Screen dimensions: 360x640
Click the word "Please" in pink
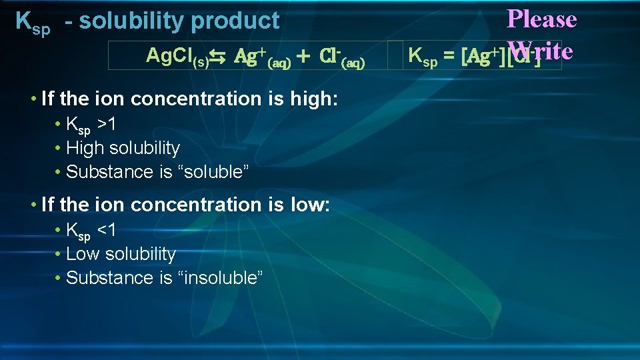pyautogui.click(x=541, y=19)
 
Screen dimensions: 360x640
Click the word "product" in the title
pyautogui.click(x=235, y=21)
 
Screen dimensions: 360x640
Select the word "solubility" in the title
pyautogui.click(x=132, y=21)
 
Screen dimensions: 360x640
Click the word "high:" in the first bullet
pyautogui.click(x=315, y=99)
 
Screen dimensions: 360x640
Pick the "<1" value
pyautogui.click(x=107, y=230)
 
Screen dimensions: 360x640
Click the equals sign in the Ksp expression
pyautogui.click(x=449, y=57)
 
